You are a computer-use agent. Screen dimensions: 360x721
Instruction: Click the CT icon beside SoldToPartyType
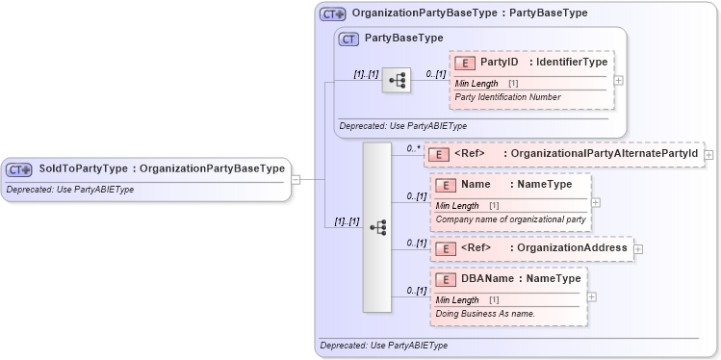point(19,169)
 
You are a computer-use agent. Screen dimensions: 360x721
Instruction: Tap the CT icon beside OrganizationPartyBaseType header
point(333,14)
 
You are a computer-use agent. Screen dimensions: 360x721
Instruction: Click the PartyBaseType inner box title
point(403,38)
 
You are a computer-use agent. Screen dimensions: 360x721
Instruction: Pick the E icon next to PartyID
point(465,63)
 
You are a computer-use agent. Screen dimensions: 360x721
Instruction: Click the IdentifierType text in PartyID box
point(571,63)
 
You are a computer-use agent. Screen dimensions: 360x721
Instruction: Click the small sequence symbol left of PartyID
point(397,80)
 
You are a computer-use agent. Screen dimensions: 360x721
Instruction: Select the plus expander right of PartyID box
point(618,80)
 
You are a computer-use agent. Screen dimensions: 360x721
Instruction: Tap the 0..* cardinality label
point(413,148)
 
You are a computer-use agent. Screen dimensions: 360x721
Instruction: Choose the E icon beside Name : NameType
point(446,185)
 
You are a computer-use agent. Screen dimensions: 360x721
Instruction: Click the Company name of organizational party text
point(510,219)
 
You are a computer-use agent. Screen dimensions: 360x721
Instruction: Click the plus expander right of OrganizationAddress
point(638,249)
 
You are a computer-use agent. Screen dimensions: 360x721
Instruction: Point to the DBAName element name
point(488,279)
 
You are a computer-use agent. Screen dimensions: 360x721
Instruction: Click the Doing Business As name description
point(485,314)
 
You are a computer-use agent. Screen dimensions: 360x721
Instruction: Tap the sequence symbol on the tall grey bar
point(377,227)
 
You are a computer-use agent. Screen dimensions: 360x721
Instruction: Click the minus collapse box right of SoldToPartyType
point(296,178)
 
